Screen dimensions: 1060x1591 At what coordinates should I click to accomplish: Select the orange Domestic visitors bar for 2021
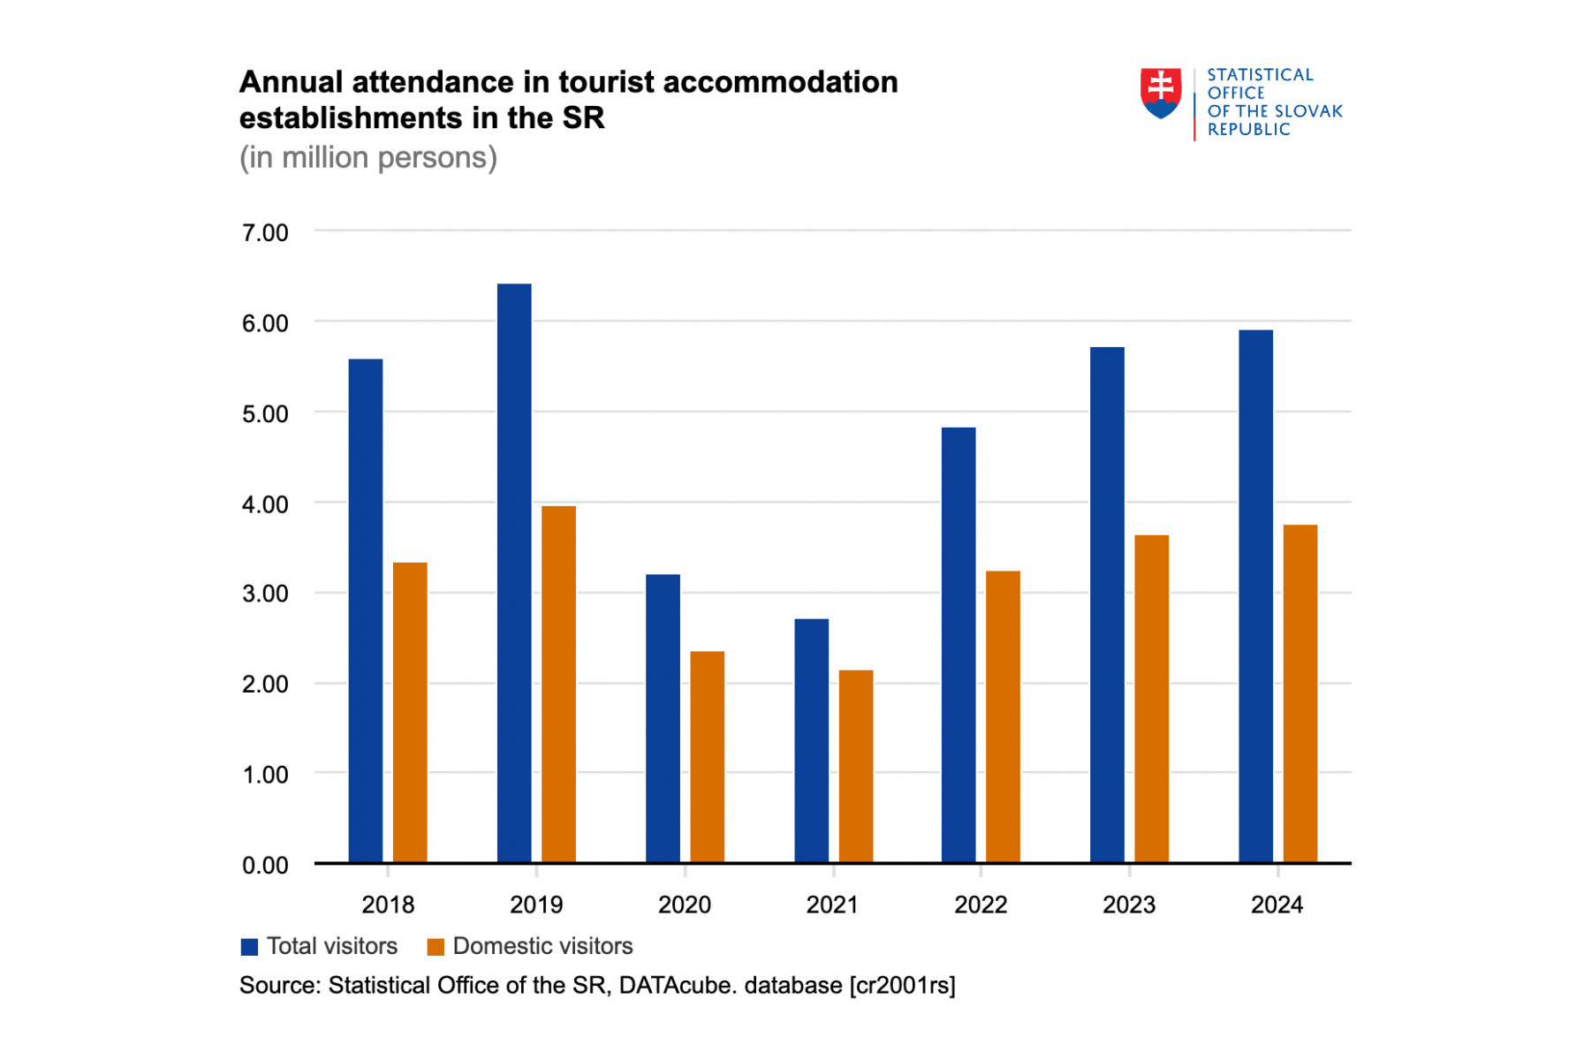[855, 766]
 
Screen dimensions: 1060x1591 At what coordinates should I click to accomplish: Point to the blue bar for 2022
[958, 645]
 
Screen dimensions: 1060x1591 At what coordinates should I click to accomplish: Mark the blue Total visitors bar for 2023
[1107, 604]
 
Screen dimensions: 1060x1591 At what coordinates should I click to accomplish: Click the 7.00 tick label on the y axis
[265, 233]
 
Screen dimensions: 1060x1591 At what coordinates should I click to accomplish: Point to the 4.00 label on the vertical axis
[265, 504]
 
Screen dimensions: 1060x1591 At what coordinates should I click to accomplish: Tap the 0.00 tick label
[265, 865]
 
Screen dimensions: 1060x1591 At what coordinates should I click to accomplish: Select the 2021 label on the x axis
[832, 905]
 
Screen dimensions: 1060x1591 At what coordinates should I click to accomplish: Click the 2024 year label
[1277, 905]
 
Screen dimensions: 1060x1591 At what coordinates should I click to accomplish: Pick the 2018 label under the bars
[388, 905]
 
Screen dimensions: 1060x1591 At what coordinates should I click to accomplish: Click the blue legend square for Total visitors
[249, 947]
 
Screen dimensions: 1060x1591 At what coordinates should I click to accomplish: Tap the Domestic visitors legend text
[542, 946]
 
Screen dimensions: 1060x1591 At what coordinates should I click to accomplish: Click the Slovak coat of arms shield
[1160, 93]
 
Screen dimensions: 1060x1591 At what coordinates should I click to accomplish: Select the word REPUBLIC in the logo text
[1248, 130]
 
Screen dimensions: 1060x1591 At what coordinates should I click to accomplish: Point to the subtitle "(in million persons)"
[368, 157]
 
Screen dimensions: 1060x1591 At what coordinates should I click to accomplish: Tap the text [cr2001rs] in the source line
[902, 985]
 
